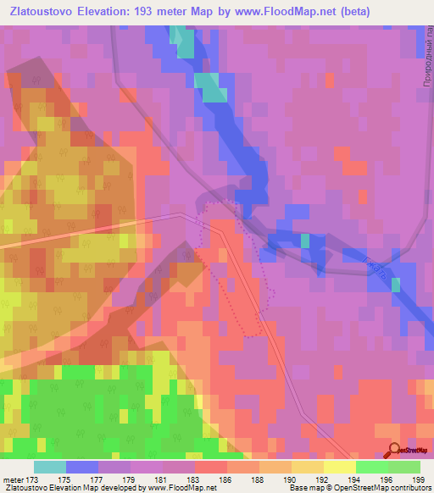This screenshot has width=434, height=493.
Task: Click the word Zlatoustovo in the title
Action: [x=42, y=13]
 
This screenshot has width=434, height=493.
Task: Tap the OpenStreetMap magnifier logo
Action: [x=393, y=450]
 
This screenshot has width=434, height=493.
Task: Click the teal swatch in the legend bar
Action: [x=50, y=467]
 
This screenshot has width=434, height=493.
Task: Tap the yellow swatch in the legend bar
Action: [x=339, y=467]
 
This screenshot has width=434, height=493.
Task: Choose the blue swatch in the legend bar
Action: [x=82, y=467]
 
